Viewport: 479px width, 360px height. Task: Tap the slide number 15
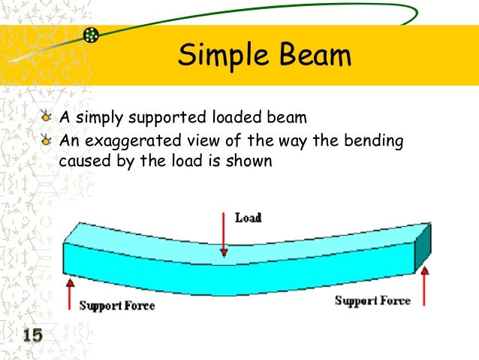(31, 336)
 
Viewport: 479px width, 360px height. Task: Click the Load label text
(249, 218)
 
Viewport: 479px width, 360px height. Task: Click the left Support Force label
(117, 305)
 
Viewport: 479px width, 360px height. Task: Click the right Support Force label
(372, 301)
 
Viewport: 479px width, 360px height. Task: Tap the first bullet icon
(47, 118)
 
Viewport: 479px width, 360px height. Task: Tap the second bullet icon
(47, 141)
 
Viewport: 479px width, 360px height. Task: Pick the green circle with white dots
(91, 35)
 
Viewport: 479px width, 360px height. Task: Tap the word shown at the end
(251, 162)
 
